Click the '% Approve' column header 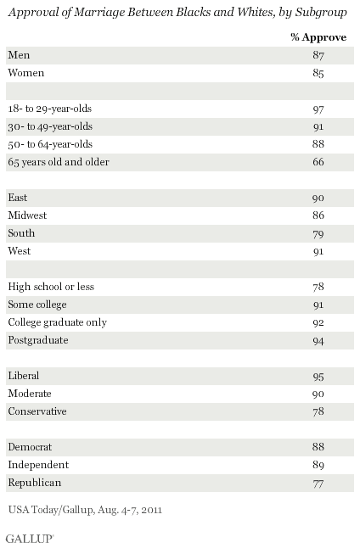click(318, 37)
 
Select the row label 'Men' click(19, 55)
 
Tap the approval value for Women click(318, 73)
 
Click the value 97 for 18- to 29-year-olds click(318, 109)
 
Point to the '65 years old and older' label click(59, 162)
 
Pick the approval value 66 click(318, 162)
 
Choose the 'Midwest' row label click(27, 215)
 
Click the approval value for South click(318, 234)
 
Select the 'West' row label click(20, 250)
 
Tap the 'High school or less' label click(51, 287)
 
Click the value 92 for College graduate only click(318, 322)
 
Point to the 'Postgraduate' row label click(38, 340)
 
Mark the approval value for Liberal click(318, 377)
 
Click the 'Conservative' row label click(37, 411)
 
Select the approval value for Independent click(318, 465)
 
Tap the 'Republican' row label click(35, 483)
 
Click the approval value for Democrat click(318, 447)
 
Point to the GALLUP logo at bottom click(30, 539)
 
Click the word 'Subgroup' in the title click(321, 13)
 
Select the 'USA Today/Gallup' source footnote click(50, 510)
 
